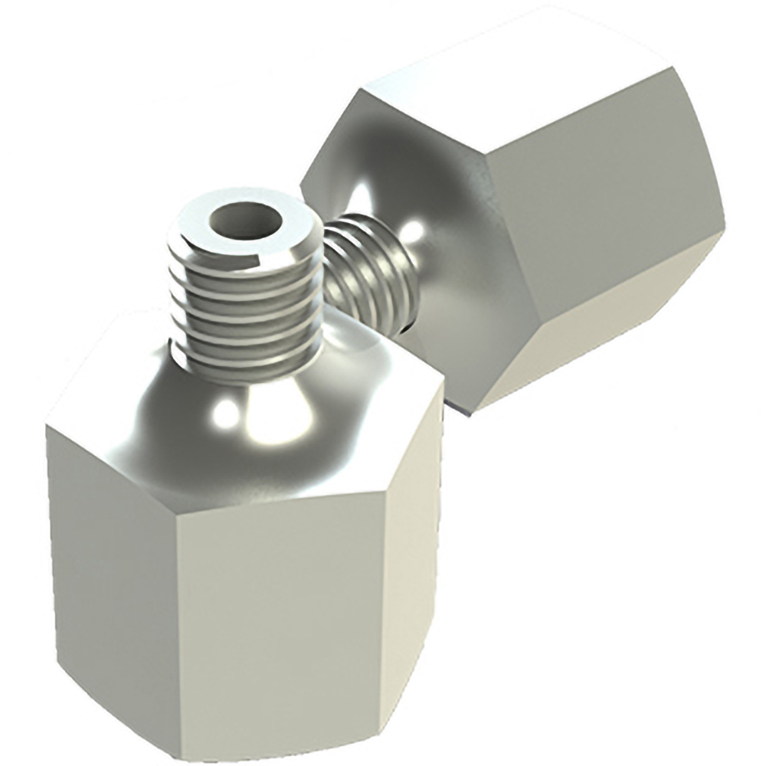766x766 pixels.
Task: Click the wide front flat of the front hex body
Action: pos(280,613)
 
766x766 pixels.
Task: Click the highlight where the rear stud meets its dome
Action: pos(414,230)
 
